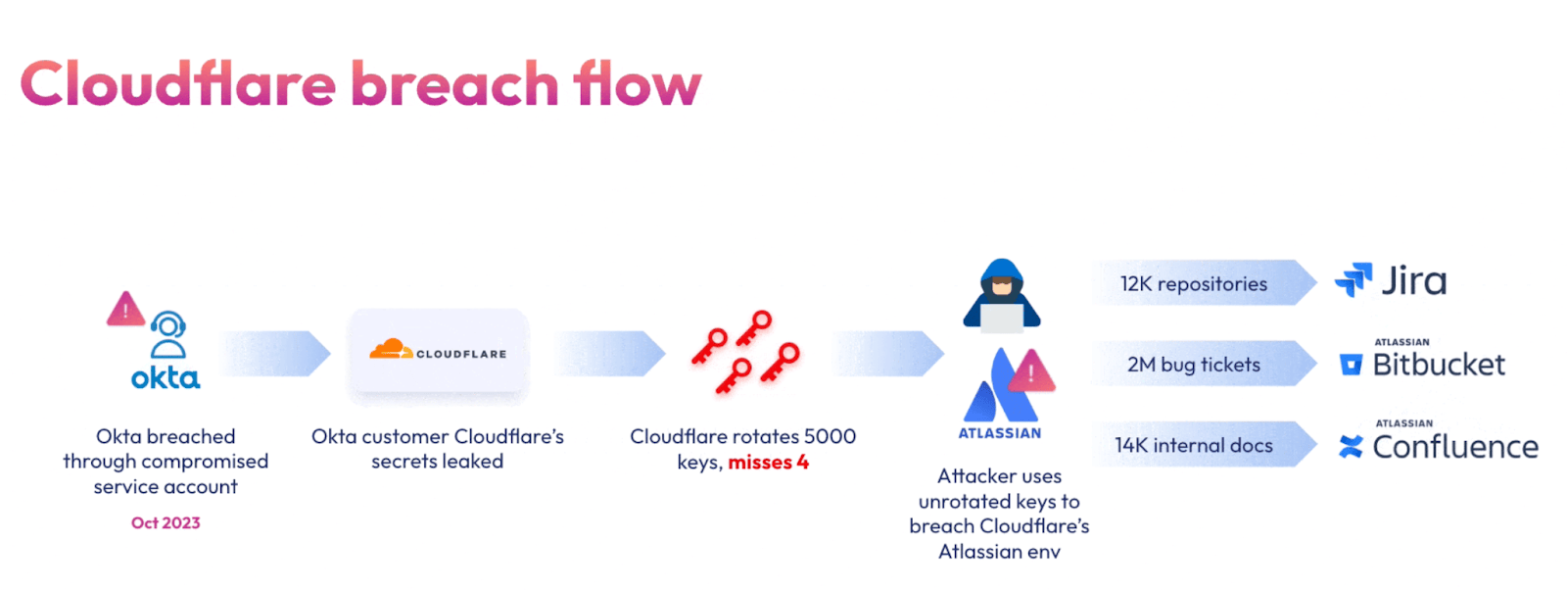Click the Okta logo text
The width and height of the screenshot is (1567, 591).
[x=166, y=378]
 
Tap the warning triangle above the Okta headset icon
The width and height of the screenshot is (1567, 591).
[x=125, y=310]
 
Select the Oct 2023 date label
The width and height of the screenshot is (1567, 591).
[x=166, y=523]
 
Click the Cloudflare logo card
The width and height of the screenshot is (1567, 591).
[x=439, y=353]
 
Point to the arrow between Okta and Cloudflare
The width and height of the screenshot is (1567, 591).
[x=276, y=354]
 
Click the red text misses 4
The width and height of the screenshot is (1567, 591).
[x=768, y=463]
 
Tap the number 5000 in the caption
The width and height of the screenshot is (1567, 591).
[x=830, y=437]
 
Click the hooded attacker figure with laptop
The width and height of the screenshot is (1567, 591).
[x=1001, y=295]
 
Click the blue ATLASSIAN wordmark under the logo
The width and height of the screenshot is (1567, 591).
[x=1000, y=433]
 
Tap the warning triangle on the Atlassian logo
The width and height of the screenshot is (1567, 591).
[x=1030, y=372]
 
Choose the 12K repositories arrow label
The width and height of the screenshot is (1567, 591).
[x=1194, y=284]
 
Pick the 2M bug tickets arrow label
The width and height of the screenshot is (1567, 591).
[x=1194, y=365]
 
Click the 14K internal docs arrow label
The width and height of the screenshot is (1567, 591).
[x=1194, y=446]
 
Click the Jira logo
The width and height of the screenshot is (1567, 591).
[x=1391, y=281]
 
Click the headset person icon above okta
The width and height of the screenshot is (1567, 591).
[x=168, y=335]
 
